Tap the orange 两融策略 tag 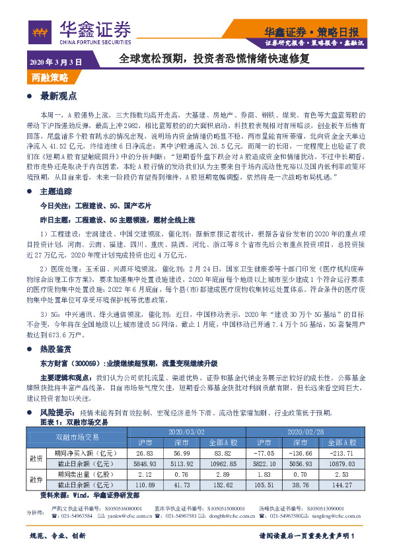(50, 78)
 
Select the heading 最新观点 (58, 96)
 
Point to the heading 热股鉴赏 (58, 348)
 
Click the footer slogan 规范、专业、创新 (58, 535)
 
